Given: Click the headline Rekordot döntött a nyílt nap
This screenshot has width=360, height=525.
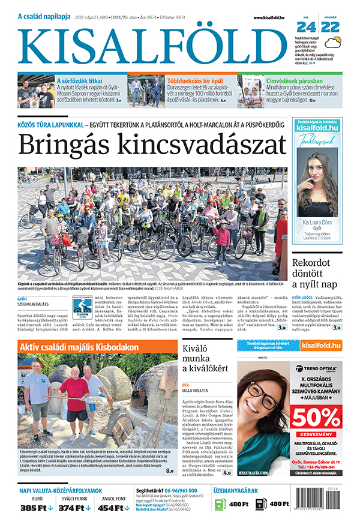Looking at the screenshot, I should coord(317,272).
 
